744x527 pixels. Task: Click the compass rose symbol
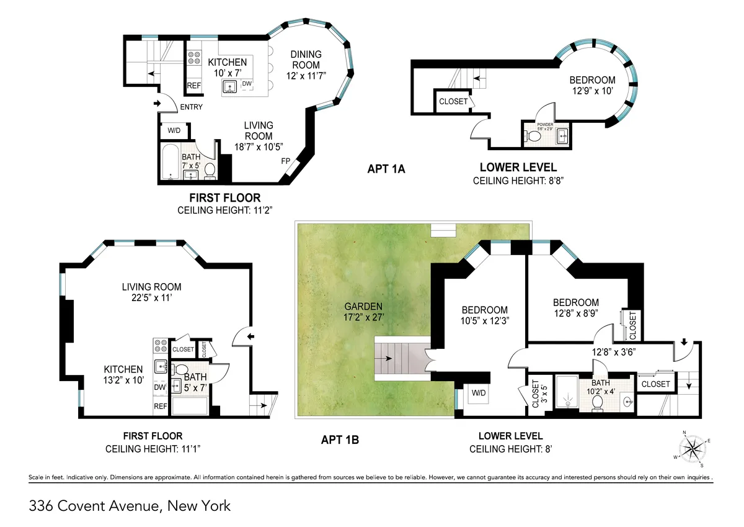point(693,448)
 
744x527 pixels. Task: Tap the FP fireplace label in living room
point(286,161)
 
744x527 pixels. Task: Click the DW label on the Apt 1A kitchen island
point(247,83)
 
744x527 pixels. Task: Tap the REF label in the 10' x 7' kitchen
point(194,86)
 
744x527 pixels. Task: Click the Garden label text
point(365,306)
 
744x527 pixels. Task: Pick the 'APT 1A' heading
point(386,169)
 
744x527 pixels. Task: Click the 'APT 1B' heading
point(340,440)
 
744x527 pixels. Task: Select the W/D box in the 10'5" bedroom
point(478,392)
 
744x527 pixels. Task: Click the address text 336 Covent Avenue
point(130,506)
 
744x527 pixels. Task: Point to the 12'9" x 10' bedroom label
point(593,85)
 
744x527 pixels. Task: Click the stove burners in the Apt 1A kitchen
point(193,58)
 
